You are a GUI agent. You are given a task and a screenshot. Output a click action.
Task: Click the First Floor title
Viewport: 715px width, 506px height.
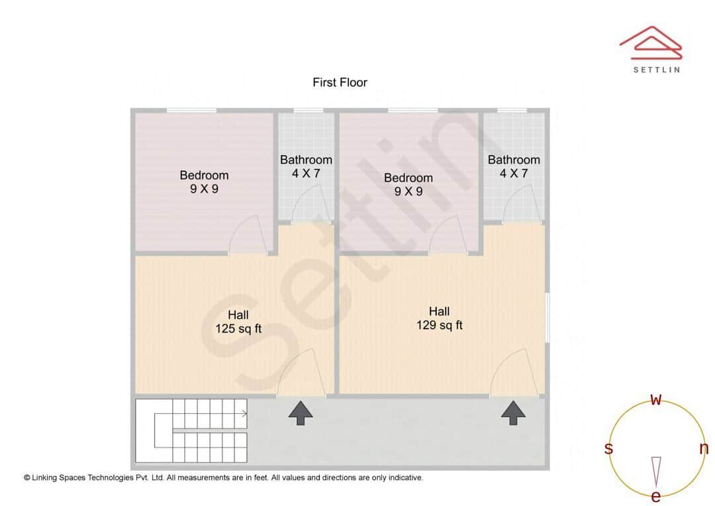[340, 83]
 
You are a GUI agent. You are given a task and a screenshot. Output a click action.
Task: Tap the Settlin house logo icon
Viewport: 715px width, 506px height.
[650, 42]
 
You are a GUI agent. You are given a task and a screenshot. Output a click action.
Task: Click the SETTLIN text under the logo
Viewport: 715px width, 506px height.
[656, 70]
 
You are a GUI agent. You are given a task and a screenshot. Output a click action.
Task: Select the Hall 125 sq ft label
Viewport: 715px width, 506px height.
[238, 321]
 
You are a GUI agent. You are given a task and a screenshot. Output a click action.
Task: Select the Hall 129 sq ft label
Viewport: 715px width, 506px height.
[439, 318]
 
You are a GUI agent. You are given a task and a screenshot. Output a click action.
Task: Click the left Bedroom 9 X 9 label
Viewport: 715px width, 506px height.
[204, 182]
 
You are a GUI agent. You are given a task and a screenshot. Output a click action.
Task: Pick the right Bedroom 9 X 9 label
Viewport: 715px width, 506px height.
[408, 185]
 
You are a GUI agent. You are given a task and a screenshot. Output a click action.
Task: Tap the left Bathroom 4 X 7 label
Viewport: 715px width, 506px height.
[306, 167]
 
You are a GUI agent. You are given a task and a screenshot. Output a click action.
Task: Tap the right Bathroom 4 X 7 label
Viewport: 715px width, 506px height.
[514, 167]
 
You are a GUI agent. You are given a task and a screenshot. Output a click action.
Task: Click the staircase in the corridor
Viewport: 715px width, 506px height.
[191, 430]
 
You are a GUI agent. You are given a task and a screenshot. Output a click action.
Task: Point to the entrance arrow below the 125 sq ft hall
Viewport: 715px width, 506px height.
[301, 413]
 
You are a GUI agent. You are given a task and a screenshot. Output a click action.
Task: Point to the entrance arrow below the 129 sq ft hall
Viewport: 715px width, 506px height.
[513, 413]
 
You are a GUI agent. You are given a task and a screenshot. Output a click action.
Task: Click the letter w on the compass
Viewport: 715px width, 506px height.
[656, 400]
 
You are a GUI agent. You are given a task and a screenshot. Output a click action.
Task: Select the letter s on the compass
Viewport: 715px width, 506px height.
[608, 448]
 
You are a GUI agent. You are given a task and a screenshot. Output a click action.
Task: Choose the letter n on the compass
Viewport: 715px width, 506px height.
[704, 448]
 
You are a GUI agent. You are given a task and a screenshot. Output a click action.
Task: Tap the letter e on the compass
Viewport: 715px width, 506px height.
[656, 497]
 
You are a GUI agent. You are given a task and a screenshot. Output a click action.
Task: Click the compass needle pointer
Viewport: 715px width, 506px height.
[656, 471]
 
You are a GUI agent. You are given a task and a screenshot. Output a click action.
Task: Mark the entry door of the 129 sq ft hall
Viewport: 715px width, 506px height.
[514, 374]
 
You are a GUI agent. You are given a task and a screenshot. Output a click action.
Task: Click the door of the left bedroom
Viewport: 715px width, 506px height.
[248, 235]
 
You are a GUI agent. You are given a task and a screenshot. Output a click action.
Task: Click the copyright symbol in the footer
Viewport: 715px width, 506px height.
[27, 478]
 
